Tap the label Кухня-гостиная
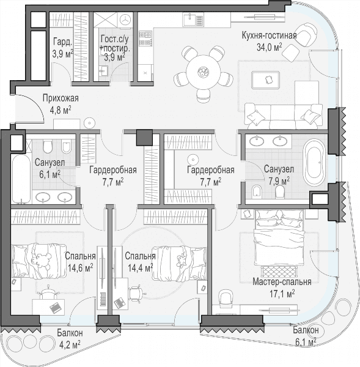pos(269,35)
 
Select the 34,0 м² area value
pos(269,47)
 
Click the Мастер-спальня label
pos(282,282)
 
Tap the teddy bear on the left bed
pos(42,259)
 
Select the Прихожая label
pos(61,98)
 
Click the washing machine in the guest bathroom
pos(126,20)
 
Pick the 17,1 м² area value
pos(282,293)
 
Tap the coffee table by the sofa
pos(266,80)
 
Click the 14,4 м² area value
pos(141,267)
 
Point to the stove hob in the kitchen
pos(145,38)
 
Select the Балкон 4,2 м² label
pos(69,338)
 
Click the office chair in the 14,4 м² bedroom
pos(135,294)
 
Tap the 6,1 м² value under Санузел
pos(50,174)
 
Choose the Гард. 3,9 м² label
pos(63,47)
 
